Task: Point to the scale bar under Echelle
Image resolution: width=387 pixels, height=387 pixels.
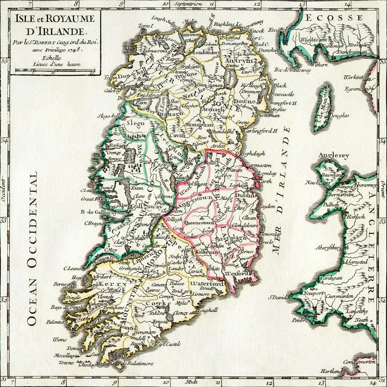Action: [55, 71]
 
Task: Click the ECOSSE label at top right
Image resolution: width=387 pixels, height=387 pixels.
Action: [334, 18]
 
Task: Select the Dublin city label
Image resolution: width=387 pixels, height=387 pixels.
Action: [245, 196]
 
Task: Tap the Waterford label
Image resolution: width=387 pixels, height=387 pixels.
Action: [207, 284]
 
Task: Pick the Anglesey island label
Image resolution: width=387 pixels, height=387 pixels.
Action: [334, 156]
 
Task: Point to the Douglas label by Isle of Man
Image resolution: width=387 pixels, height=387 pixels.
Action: [339, 115]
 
